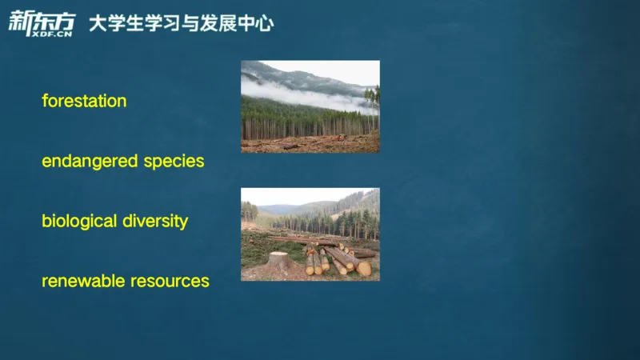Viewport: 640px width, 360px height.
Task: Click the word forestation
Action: pyautogui.click(x=84, y=102)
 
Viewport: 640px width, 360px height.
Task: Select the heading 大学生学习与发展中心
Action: pyautogui.click(x=181, y=23)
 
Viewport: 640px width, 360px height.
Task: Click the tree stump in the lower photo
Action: pyautogui.click(x=278, y=262)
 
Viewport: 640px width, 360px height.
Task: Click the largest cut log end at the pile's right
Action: pyautogui.click(x=364, y=269)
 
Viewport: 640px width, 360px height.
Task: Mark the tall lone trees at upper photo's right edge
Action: pyautogui.click(x=373, y=100)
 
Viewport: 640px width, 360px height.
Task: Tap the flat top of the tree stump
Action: pyautogui.click(x=278, y=255)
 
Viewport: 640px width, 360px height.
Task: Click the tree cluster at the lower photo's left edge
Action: pyautogui.click(x=249, y=211)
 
